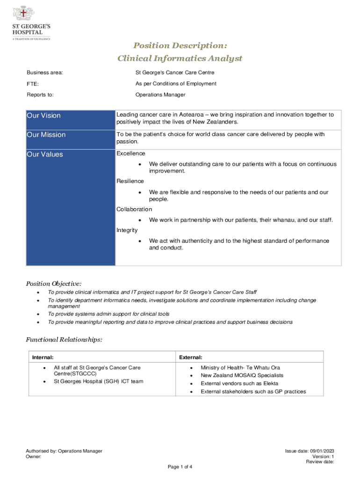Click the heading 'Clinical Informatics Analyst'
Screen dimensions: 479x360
180,58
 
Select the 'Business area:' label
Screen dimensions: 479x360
45,73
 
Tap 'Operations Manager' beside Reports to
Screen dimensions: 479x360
160,95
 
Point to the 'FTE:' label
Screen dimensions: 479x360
33,84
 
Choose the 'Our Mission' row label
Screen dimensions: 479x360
46,135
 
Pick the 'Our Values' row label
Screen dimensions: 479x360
45,154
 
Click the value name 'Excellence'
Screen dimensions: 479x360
131,153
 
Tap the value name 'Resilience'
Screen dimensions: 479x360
130,181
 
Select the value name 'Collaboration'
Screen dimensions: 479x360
134,210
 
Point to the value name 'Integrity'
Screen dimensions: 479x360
127,230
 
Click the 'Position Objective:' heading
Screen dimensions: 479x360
53,283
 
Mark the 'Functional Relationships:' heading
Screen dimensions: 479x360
64,340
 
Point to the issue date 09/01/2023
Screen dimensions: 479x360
322,451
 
